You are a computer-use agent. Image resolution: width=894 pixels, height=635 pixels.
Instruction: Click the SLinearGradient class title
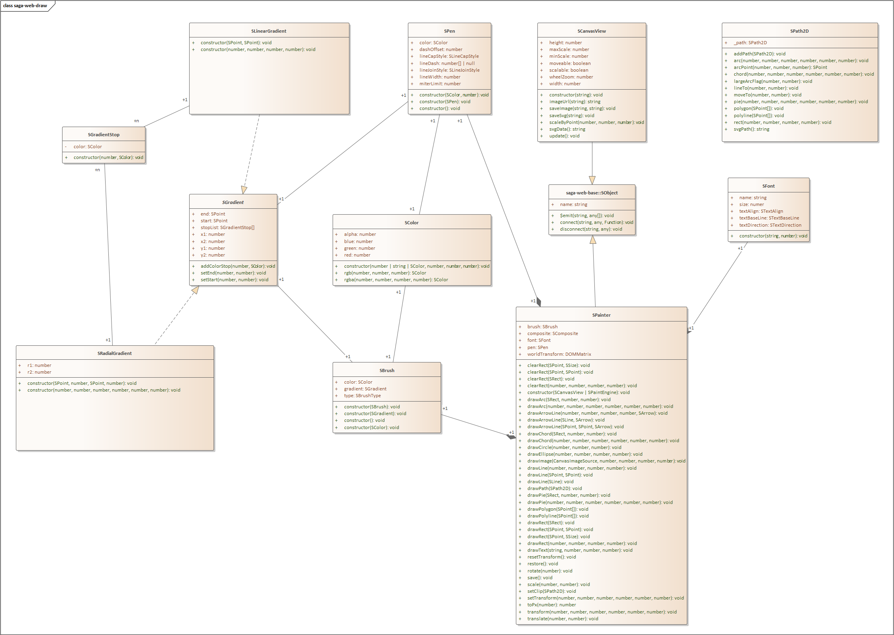269,31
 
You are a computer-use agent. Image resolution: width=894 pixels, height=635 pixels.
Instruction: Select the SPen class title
449,31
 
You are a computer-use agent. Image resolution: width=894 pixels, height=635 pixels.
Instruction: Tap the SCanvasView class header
591,31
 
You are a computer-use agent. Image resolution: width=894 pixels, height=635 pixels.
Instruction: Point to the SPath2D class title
799,31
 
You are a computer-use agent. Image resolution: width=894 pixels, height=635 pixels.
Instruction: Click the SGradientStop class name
104,135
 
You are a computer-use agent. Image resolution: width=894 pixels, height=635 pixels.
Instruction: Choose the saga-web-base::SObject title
592,193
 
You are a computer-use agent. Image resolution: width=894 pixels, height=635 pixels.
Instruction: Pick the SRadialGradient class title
114,353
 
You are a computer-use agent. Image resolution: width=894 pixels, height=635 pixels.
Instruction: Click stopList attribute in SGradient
227,227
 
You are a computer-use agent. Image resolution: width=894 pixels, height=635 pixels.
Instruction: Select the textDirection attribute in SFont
770,225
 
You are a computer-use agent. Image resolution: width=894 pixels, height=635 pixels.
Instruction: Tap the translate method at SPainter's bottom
563,619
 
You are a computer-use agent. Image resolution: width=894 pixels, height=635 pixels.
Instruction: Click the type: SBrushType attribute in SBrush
362,396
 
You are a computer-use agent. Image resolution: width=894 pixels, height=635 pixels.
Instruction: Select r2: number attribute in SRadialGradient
39,372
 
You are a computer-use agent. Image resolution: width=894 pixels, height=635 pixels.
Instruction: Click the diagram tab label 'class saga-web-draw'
25,6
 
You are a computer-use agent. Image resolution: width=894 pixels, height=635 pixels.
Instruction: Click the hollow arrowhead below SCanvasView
592,180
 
